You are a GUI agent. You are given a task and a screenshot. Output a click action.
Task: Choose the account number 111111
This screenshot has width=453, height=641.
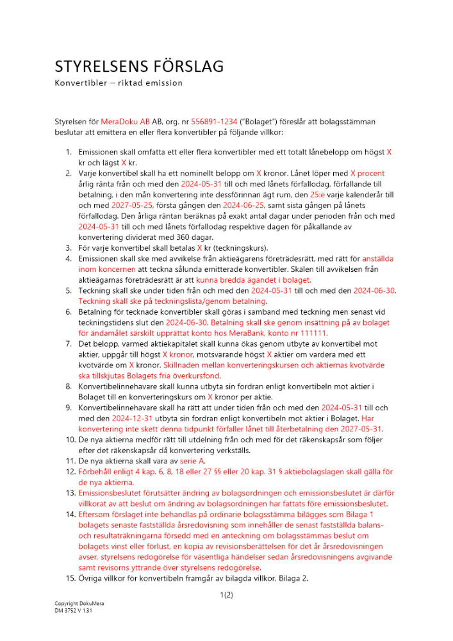pyautogui.click(x=313, y=333)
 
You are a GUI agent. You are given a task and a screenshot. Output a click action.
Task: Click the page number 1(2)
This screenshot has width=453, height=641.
pyautogui.click(x=226, y=595)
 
